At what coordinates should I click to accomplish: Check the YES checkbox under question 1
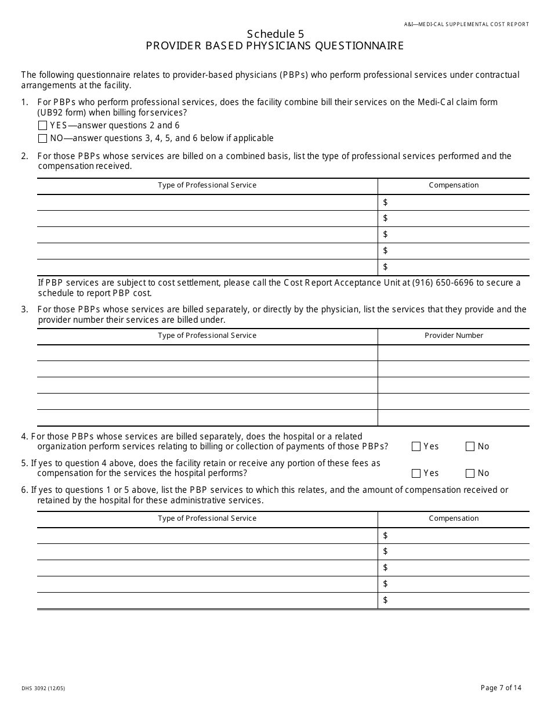tap(42, 125)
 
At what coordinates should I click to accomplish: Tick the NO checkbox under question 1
tap(42, 139)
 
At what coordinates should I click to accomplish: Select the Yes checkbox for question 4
tap(416, 446)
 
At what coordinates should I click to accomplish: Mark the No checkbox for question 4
tap(470, 446)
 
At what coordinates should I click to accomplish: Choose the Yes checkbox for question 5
tap(416, 473)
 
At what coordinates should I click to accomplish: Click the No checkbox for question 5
tap(470, 473)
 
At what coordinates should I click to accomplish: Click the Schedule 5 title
tap(275, 34)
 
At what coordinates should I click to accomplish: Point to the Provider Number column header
tap(454, 336)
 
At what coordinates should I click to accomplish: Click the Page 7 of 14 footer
tap(501, 688)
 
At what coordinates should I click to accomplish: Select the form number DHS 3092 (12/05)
tap(43, 688)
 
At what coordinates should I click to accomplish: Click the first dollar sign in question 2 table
tap(386, 202)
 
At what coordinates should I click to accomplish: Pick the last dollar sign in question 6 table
tap(386, 600)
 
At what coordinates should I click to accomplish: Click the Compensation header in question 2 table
tap(454, 185)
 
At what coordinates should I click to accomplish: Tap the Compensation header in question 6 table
tap(454, 518)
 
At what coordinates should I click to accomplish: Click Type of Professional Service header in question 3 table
tap(207, 336)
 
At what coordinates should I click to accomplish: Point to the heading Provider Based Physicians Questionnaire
tap(275, 46)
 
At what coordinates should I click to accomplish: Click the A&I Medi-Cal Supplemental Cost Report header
tap(466, 24)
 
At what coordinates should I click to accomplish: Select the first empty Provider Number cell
tap(454, 353)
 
